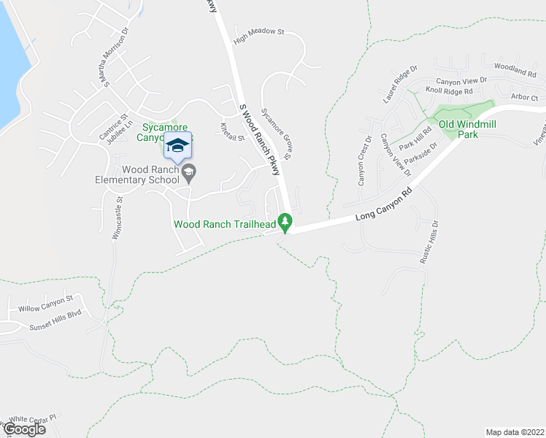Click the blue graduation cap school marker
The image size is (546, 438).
177,146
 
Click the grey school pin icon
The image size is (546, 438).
190,173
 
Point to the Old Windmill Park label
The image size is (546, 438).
467,129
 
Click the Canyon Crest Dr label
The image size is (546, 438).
363,161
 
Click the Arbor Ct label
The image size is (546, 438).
524,97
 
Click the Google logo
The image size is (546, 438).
25,429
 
